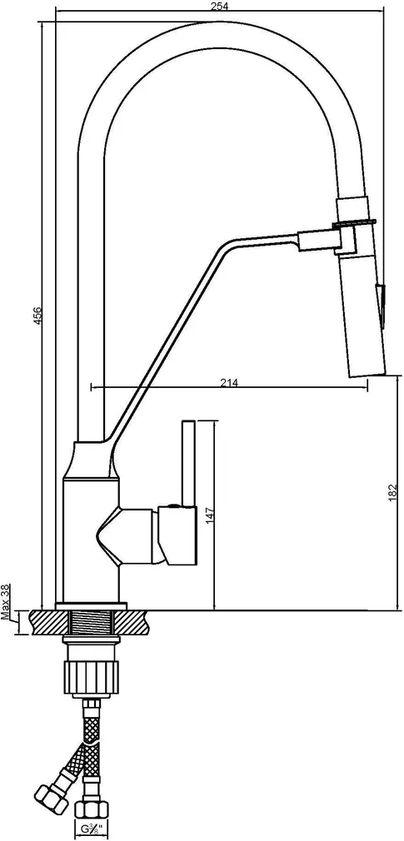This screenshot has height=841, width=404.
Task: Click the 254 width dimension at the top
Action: point(219,7)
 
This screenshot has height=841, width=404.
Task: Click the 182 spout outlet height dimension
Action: point(392,493)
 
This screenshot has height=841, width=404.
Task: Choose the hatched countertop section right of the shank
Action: point(133,620)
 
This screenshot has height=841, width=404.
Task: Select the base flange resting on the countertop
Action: point(91,606)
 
